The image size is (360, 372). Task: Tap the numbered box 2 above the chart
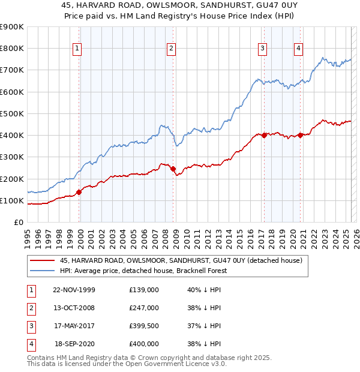click(172, 49)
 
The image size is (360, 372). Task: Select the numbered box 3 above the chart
click(263, 49)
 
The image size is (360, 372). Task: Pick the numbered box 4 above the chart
click(298, 49)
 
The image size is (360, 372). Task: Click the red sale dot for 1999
click(79, 193)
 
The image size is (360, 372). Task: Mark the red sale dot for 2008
click(173, 169)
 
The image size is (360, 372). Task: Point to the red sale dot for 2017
click(264, 136)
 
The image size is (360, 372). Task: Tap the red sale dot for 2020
click(300, 135)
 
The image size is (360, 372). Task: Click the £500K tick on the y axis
click(11, 113)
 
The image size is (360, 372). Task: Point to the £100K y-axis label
click(11, 200)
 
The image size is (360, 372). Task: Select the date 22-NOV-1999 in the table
click(74, 290)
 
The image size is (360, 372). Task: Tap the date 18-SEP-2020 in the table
click(75, 344)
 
